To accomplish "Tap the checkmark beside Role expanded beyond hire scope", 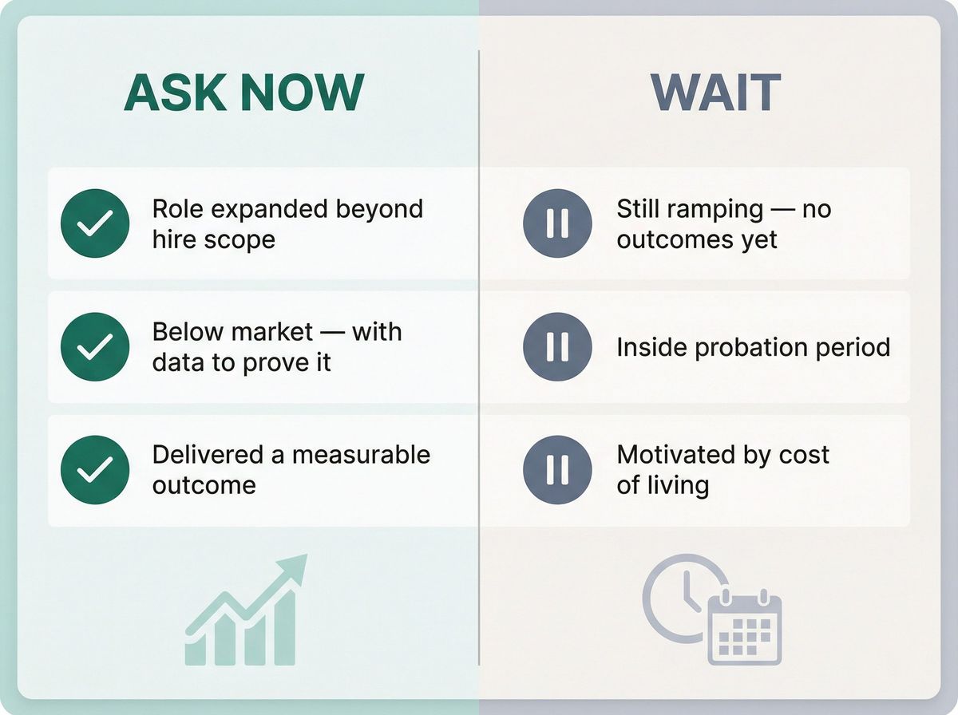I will coord(95,223).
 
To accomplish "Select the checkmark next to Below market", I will coord(95,346).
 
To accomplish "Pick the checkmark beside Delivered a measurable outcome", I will coord(95,469).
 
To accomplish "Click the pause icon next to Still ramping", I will coord(557,223).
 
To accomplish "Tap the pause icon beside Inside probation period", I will coord(557,346).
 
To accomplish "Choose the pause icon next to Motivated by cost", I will coord(557,469).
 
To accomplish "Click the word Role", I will coord(177,209).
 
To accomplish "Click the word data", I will coord(177,362).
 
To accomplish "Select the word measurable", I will coord(361,455).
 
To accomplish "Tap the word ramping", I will coord(700,210).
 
